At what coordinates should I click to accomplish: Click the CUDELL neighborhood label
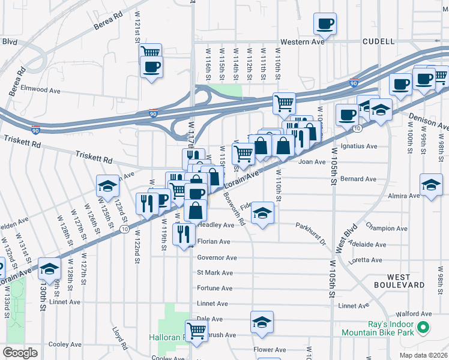pos(378,41)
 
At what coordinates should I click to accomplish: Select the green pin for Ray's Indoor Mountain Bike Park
pos(423,328)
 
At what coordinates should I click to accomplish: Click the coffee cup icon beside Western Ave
pos(325,25)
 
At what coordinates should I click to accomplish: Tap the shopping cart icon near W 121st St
pos(151,52)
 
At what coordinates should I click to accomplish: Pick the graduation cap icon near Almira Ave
pos(431,185)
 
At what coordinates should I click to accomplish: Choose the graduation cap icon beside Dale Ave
pos(262,322)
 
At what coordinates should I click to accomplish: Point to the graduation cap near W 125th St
pos(107,185)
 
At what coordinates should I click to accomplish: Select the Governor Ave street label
pos(217,257)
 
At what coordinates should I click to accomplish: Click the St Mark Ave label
pos(215,272)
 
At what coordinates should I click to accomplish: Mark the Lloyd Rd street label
pos(120,338)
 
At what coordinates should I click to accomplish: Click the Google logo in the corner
pos(20,352)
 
